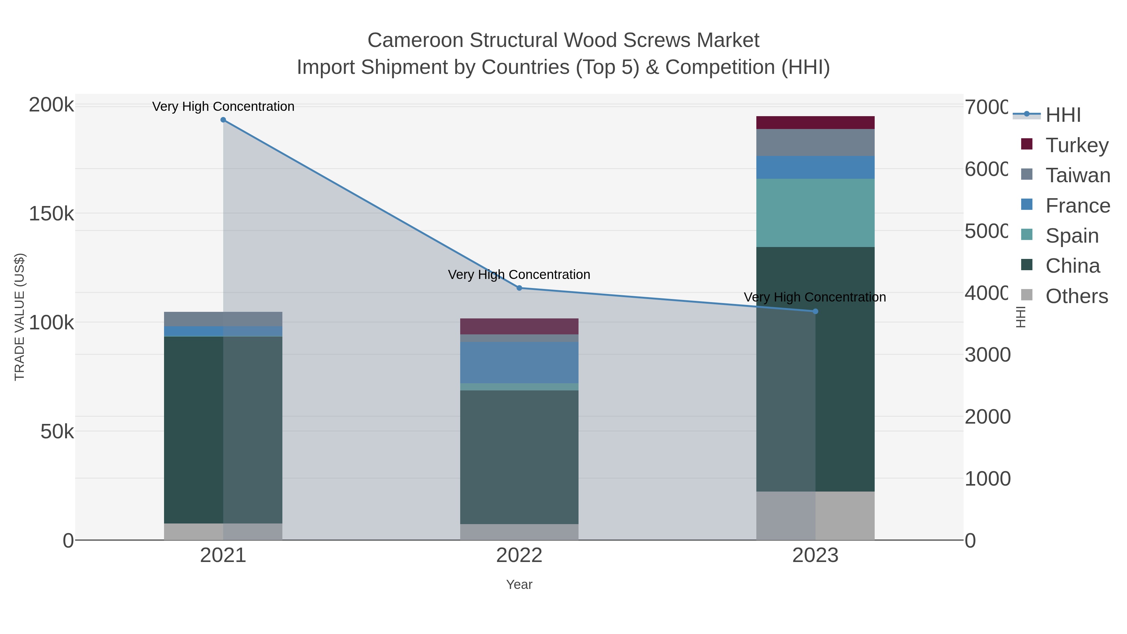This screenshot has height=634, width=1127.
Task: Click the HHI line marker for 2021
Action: point(223,120)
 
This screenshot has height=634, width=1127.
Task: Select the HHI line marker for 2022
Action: point(519,288)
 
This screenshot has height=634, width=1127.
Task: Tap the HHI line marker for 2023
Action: point(816,312)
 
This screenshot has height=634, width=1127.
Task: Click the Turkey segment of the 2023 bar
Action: point(816,122)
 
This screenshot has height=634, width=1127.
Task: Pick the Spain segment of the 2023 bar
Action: point(816,213)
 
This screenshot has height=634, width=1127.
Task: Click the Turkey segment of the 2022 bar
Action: point(519,327)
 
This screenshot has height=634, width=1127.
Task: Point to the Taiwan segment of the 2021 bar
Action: point(223,319)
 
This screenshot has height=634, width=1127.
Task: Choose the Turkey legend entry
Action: point(1076,145)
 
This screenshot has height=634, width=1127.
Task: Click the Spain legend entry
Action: point(1072,236)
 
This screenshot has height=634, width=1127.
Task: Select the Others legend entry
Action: point(1076,296)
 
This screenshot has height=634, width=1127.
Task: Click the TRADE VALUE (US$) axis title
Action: point(20,317)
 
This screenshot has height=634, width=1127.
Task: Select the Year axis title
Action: point(519,585)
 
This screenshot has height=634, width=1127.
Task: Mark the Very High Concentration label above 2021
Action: point(223,106)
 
